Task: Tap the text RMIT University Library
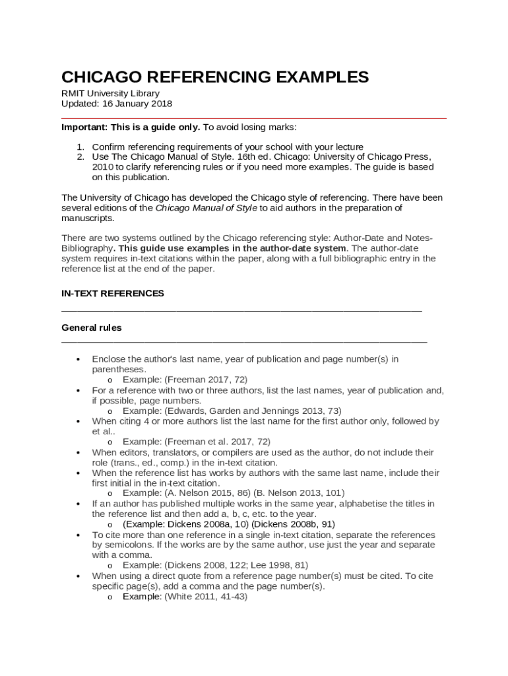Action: [x=110, y=94]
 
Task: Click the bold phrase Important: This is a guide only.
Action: [x=131, y=127]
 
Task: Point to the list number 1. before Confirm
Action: [x=80, y=147]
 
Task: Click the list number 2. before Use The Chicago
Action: [x=80, y=157]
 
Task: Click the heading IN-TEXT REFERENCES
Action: [x=113, y=293]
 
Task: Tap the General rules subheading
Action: [x=91, y=327]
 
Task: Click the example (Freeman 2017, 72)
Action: [x=206, y=380]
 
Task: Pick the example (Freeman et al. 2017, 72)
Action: [x=217, y=442]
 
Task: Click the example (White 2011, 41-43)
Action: [x=205, y=596]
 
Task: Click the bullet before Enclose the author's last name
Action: [x=79, y=360]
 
